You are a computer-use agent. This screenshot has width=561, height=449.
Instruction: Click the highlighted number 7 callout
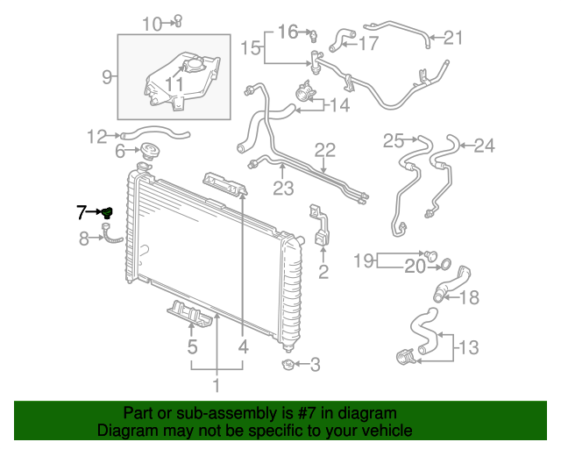click(x=82, y=211)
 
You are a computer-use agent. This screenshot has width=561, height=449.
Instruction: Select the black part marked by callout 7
click(x=106, y=212)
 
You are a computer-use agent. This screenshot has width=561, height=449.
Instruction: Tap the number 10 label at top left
click(x=152, y=23)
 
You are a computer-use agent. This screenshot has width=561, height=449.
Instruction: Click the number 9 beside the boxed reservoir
click(x=106, y=76)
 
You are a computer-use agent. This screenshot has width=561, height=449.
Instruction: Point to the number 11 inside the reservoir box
click(x=174, y=84)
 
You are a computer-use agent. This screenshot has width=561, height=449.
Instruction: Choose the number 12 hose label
click(x=96, y=136)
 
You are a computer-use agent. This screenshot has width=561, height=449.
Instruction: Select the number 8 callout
click(x=84, y=237)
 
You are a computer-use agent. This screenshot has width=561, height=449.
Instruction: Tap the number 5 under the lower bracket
click(x=192, y=348)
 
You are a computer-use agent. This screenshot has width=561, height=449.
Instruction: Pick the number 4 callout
click(x=242, y=348)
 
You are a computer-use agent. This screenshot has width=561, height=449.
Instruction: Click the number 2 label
click(x=323, y=273)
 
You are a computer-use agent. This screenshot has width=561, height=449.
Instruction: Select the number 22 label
click(x=324, y=151)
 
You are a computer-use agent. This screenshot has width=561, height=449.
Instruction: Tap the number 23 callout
click(x=282, y=187)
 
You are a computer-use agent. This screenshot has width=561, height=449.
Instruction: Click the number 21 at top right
click(x=452, y=37)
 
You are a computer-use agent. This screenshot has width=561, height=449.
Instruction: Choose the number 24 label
click(x=485, y=146)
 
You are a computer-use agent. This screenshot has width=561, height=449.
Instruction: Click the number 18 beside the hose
click(x=470, y=297)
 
